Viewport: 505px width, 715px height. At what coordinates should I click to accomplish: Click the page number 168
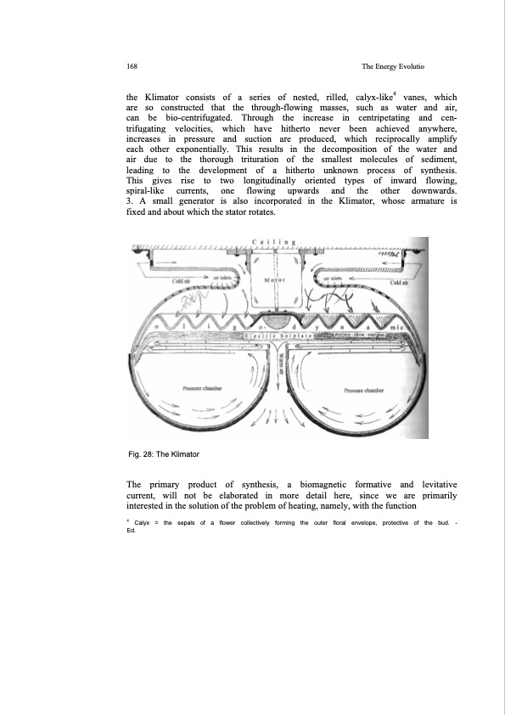coord(132,65)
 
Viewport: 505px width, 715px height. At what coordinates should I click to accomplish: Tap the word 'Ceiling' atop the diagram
coord(273,243)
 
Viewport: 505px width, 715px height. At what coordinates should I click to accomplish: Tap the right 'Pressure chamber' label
coord(365,391)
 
